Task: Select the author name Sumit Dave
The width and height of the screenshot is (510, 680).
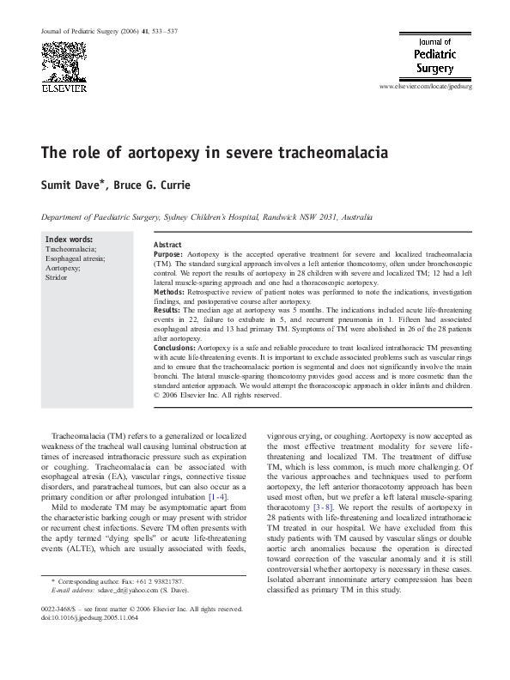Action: point(75,185)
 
